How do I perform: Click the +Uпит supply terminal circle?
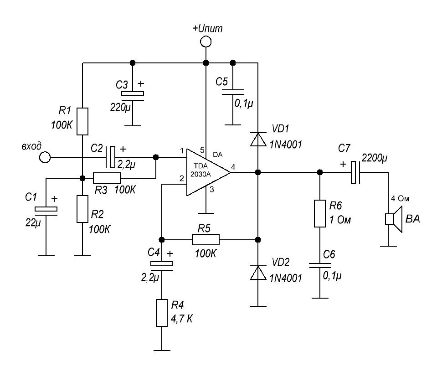[206, 42]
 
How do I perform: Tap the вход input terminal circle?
[45, 158]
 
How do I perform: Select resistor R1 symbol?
[82, 121]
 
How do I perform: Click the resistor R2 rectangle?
[82, 209]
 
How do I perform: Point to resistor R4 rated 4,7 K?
[162, 313]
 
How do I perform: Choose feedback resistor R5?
[206, 239]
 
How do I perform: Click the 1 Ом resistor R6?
[319, 213]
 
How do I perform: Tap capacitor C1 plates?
[46, 210]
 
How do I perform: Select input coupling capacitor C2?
[112, 157]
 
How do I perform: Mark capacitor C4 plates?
[162, 264]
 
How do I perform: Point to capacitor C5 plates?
[233, 92]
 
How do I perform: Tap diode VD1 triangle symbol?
[258, 139]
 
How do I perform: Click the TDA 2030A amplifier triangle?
[205, 172]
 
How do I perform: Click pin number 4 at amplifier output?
[233, 168]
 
